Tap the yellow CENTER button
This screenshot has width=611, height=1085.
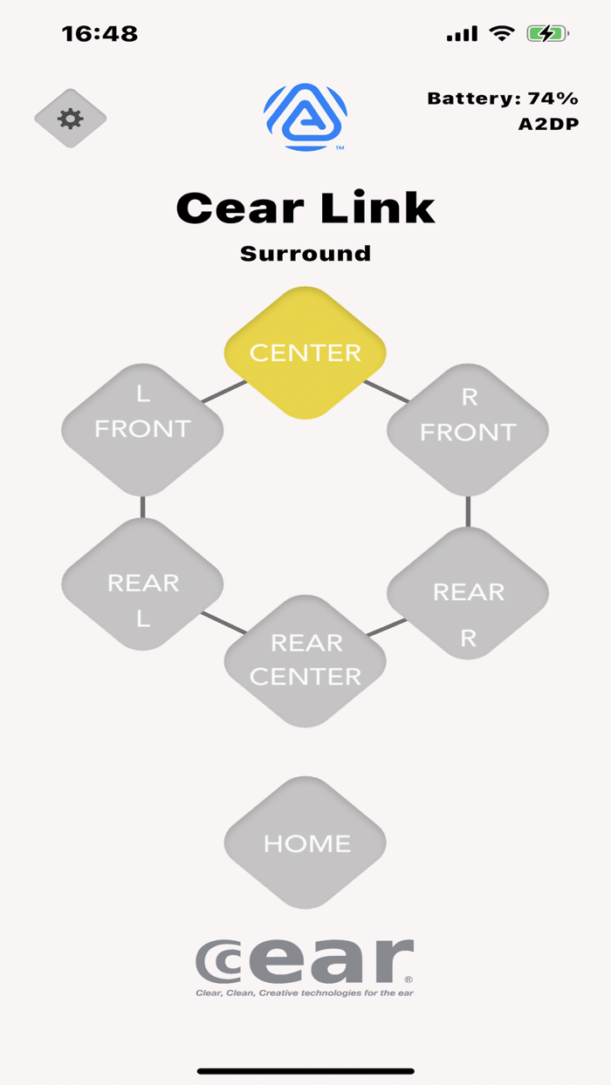[x=305, y=352]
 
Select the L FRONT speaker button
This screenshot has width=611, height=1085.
[x=142, y=429]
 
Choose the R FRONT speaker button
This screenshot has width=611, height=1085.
[x=468, y=431]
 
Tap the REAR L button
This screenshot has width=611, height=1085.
[x=142, y=583]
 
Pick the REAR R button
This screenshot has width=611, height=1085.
[x=468, y=593]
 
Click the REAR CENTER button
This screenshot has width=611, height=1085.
[x=305, y=660]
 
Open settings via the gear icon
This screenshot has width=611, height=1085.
[x=71, y=119]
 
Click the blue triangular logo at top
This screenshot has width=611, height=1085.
[x=305, y=117]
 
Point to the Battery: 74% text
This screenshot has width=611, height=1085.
[x=503, y=99]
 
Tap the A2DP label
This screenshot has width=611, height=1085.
[x=548, y=124]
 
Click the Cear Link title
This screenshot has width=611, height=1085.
[x=305, y=208]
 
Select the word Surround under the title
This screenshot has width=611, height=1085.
[x=305, y=254]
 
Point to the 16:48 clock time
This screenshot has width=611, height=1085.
[x=100, y=34]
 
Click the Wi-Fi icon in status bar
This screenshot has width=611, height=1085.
[x=502, y=34]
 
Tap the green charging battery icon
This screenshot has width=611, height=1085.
[x=547, y=34]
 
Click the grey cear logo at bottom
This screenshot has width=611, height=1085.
[x=304, y=961]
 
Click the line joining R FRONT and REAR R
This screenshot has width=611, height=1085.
[x=468, y=513]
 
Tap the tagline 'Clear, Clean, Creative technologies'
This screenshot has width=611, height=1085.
[x=304, y=993]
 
